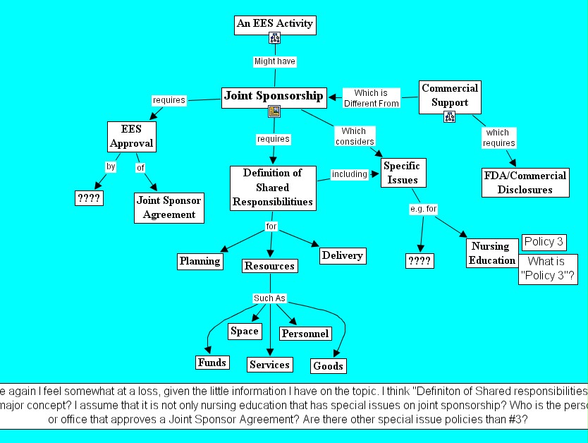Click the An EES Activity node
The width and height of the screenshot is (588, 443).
(x=274, y=24)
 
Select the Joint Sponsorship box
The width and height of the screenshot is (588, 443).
(x=274, y=96)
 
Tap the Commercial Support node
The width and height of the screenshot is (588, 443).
(x=450, y=96)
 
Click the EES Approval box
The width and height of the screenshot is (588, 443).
(x=131, y=137)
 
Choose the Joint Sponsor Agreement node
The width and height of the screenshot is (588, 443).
(x=169, y=207)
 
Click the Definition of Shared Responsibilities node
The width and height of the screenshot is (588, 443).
(x=272, y=188)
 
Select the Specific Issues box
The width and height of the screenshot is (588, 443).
(x=401, y=173)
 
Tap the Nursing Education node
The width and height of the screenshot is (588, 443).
(x=491, y=253)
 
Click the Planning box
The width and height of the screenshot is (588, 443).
(x=200, y=261)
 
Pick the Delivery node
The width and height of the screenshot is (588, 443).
(x=342, y=255)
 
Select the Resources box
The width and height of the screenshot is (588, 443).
(x=269, y=266)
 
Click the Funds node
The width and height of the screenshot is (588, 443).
(x=212, y=363)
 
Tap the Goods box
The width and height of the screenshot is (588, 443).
(x=328, y=365)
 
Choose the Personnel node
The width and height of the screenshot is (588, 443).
(x=305, y=333)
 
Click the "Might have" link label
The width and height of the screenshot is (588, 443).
(x=275, y=61)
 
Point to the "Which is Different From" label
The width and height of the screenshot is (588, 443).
(x=371, y=98)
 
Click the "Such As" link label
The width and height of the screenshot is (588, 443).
(x=269, y=298)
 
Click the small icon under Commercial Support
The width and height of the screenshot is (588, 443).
(x=449, y=117)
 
